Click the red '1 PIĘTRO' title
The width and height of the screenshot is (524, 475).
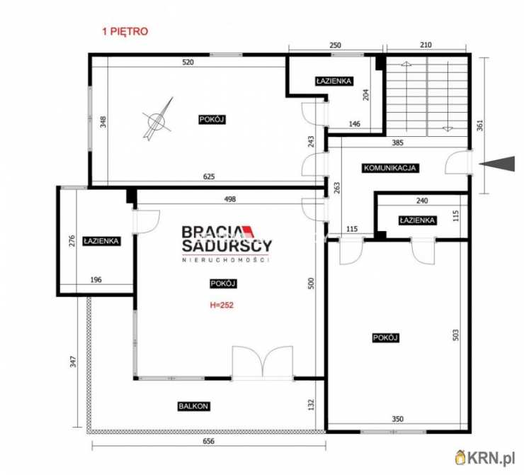coord(125,31)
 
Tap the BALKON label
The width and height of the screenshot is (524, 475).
coord(193,406)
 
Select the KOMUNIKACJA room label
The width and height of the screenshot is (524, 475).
coord(389,168)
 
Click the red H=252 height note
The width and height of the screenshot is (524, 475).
coord(222,305)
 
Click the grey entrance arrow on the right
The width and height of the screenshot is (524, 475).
coord(497,164)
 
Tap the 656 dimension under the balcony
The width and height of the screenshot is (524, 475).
coord(208,441)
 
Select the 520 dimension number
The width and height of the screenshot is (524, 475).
coord(188,62)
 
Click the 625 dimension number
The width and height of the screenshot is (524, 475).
coord(209,177)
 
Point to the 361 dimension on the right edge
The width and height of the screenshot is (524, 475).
coord(480,125)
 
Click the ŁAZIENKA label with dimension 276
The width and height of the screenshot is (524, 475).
coord(101,241)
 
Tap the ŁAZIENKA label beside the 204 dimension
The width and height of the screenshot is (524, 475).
coord(334,81)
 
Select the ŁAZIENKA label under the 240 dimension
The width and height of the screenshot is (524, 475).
coord(417,220)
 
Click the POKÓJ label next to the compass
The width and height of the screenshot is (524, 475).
coord(212,119)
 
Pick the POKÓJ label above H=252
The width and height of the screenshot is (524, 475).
coord(223,284)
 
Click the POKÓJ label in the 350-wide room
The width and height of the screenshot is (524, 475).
coord(386,338)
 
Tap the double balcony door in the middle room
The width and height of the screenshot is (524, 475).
coord(263,363)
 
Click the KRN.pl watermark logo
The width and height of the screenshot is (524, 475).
coord(485,457)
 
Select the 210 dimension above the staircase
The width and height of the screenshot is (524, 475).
coord(426,45)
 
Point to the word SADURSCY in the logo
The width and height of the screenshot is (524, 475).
coord(227,245)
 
